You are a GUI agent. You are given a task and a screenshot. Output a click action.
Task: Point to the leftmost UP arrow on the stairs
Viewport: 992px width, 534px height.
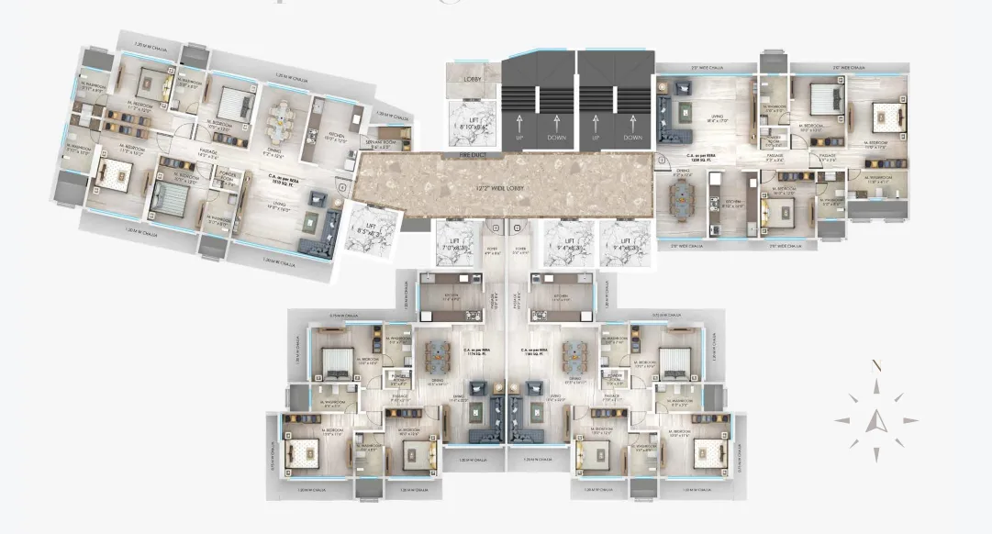520,123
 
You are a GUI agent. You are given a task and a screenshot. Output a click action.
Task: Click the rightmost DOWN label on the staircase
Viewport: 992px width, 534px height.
632,138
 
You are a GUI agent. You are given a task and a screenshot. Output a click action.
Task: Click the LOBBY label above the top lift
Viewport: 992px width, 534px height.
474,80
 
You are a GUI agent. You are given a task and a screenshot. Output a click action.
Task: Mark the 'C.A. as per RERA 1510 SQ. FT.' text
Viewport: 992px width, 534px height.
279,180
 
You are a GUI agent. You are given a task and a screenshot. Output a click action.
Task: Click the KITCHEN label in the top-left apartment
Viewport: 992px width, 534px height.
336,139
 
